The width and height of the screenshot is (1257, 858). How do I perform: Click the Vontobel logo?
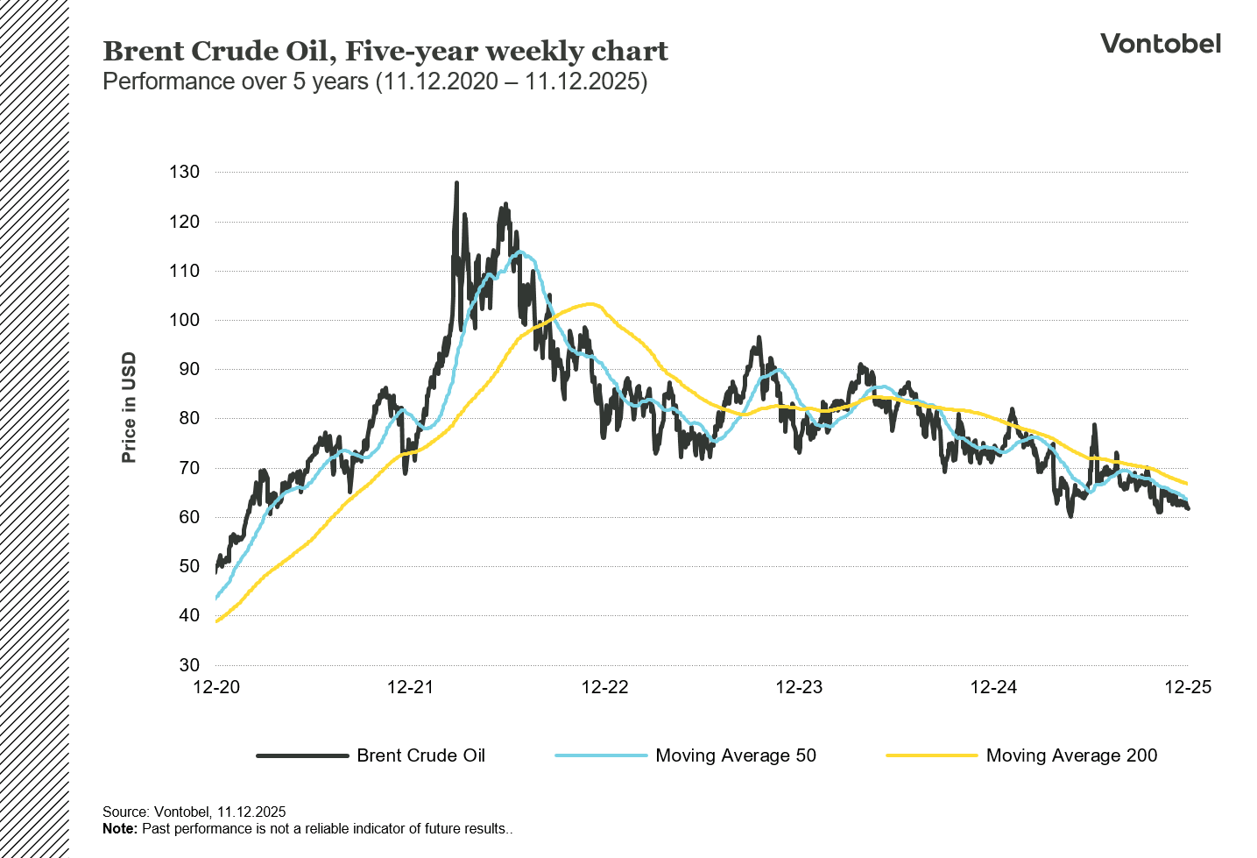pyautogui.click(x=1160, y=44)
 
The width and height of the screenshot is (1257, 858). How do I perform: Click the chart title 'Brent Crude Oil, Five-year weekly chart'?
pyautogui.click(x=385, y=52)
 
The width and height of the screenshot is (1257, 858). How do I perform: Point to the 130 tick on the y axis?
pyautogui.click(x=184, y=172)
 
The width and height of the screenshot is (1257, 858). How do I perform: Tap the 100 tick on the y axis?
pyautogui.click(x=184, y=320)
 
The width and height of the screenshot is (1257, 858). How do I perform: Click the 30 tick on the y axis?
pyautogui.click(x=188, y=665)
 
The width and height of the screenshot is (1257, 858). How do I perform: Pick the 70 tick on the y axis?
pyautogui.click(x=188, y=468)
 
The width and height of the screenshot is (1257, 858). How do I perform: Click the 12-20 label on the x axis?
pyautogui.click(x=215, y=687)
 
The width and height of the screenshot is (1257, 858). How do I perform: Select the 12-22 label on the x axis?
pyautogui.click(x=604, y=687)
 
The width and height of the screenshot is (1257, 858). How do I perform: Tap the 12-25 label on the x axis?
pyautogui.click(x=1187, y=687)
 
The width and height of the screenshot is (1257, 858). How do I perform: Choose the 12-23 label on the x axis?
pyautogui.click(x=799, y=687)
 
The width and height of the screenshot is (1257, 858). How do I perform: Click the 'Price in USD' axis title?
pyautogui.click(x=129, y=408)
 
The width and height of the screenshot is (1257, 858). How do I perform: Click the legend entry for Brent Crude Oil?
pyautogui.click(x=420, y=755)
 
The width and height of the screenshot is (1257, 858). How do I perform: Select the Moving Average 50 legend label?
pyautogui.click(x=735, y=755)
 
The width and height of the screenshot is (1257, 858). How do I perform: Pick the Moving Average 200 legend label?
pyautogui.click(x=1070, y=755)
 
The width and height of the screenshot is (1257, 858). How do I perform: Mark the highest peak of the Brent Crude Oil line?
pyautogui.click(x=456, y=183)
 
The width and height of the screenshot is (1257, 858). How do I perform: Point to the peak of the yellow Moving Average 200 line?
pyautogui.click(x=592, y=304)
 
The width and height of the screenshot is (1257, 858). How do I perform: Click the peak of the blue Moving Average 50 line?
pyautogui.click(x=520, y=252)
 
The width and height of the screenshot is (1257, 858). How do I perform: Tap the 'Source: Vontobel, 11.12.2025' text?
pyautogui.click(x=194, y=812)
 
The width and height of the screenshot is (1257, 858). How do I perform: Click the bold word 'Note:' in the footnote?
pyautogui.click(x=120, y=829)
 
